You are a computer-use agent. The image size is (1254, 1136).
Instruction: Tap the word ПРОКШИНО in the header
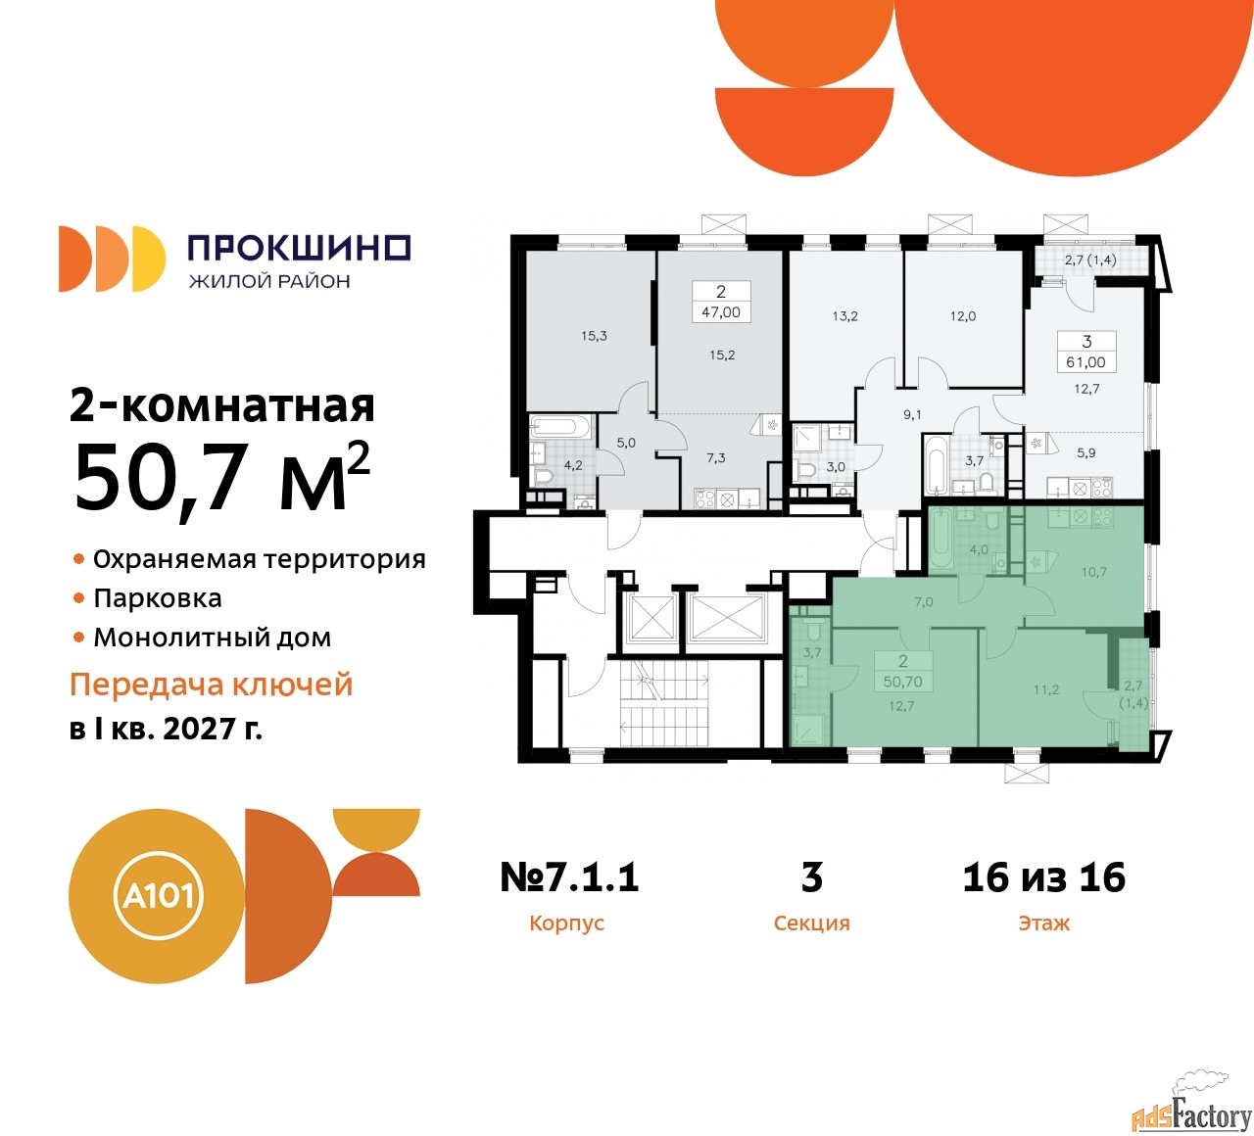(x=300, y=248)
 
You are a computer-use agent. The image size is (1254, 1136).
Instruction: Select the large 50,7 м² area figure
(x=222, y=477)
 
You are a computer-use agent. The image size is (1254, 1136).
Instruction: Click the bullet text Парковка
(x=158, y=598)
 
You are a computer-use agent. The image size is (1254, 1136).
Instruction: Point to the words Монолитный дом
(x=212, y=638)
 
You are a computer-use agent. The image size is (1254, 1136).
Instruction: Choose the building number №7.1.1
(x=569, y=876)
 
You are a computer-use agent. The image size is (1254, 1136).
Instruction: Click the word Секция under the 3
(x=811, y=923)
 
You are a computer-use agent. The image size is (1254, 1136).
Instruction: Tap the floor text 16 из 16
(x=1044, y=876)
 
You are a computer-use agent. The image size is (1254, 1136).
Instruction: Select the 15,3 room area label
(x=594, y=336)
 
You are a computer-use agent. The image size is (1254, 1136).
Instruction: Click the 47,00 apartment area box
(x=721, y=311)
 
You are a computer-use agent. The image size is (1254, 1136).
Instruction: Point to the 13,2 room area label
(x=844, y=316)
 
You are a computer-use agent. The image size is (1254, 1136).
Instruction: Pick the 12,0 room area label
(x=963, y=316)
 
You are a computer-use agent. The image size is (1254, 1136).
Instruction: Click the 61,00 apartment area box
(x=1086, y=361)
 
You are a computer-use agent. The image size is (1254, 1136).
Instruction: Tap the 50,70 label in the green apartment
(x=902, y=682)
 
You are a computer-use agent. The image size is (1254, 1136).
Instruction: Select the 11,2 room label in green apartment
(x=1046, y=689)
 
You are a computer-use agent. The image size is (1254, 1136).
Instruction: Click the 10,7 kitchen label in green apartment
(x=1093, y=572)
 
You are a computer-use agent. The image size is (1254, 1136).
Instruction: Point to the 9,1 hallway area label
(x=913, y=415)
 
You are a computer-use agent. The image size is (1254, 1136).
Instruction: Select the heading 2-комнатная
(x=222, y=404)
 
